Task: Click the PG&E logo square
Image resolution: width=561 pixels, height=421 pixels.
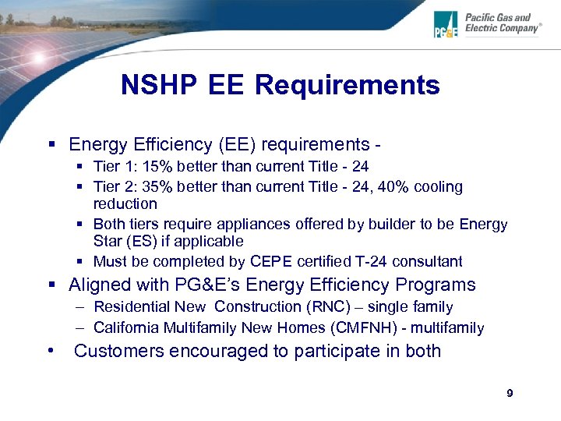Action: [447, 24]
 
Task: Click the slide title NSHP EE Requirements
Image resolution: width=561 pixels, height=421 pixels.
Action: [280, 85]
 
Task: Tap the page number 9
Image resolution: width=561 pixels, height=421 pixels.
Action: [510, 394]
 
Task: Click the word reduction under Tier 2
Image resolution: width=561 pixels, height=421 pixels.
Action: [125, 204]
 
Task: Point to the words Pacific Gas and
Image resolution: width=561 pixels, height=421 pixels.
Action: [498, 17]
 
